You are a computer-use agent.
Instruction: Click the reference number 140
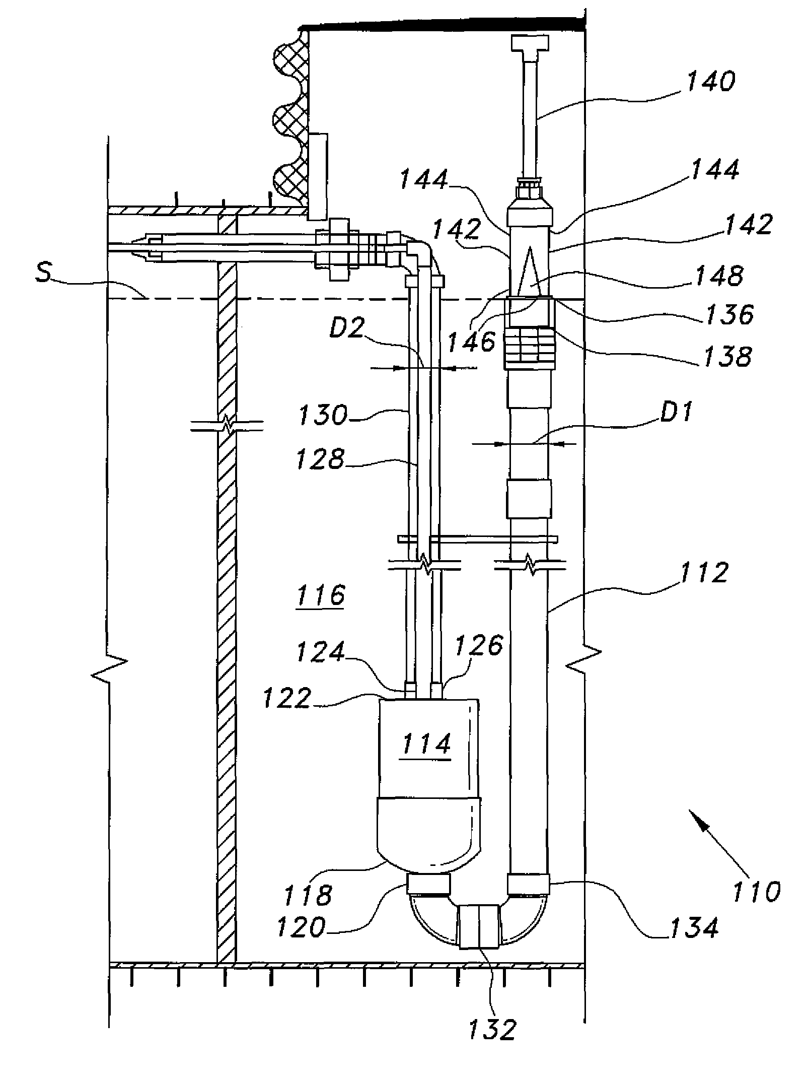tap(711, 82)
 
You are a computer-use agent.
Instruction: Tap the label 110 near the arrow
tap(756, 891)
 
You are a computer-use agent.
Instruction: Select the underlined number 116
tap(321, 595)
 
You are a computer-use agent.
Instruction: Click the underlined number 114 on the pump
tap(425, 744)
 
